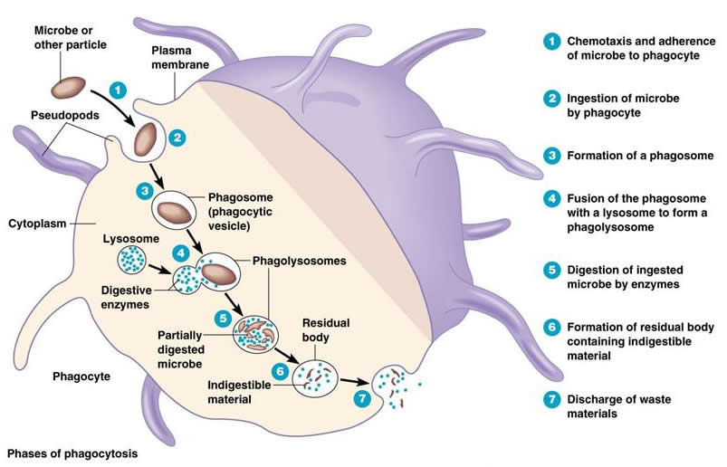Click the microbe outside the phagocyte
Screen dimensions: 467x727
[70, 87]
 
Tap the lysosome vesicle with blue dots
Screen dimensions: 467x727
[133, 259]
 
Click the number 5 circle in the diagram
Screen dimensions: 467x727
[222, 318]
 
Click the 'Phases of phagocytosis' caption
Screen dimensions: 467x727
[72, 452]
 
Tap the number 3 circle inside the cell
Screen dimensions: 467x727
[143, 190]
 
